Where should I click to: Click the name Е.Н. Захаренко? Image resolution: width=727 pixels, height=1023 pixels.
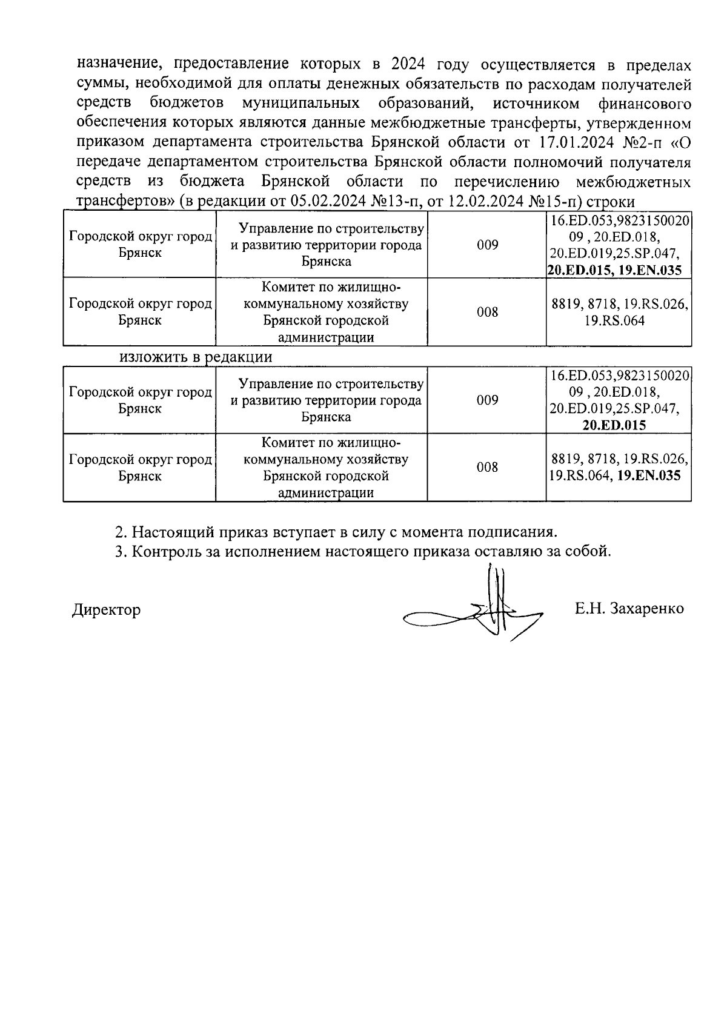[629, 608]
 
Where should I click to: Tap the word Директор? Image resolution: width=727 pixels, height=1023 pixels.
[106, 609]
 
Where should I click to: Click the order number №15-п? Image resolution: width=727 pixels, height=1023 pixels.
[554, 202]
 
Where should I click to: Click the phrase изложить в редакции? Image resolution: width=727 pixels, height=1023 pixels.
[195, 357]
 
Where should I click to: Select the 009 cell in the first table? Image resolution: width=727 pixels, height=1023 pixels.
[486, 245]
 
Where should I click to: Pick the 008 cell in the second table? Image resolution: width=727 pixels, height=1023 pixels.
[486, 467]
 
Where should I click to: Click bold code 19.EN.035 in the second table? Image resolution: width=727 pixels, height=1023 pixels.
[648, 475]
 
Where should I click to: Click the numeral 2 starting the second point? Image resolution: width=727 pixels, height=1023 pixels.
[119, 532]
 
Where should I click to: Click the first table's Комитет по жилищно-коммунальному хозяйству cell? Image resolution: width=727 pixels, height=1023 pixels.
[325, 312]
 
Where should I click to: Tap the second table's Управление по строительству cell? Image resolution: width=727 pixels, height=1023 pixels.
[325, 400]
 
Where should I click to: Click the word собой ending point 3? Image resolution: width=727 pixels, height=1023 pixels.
[586, 552]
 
